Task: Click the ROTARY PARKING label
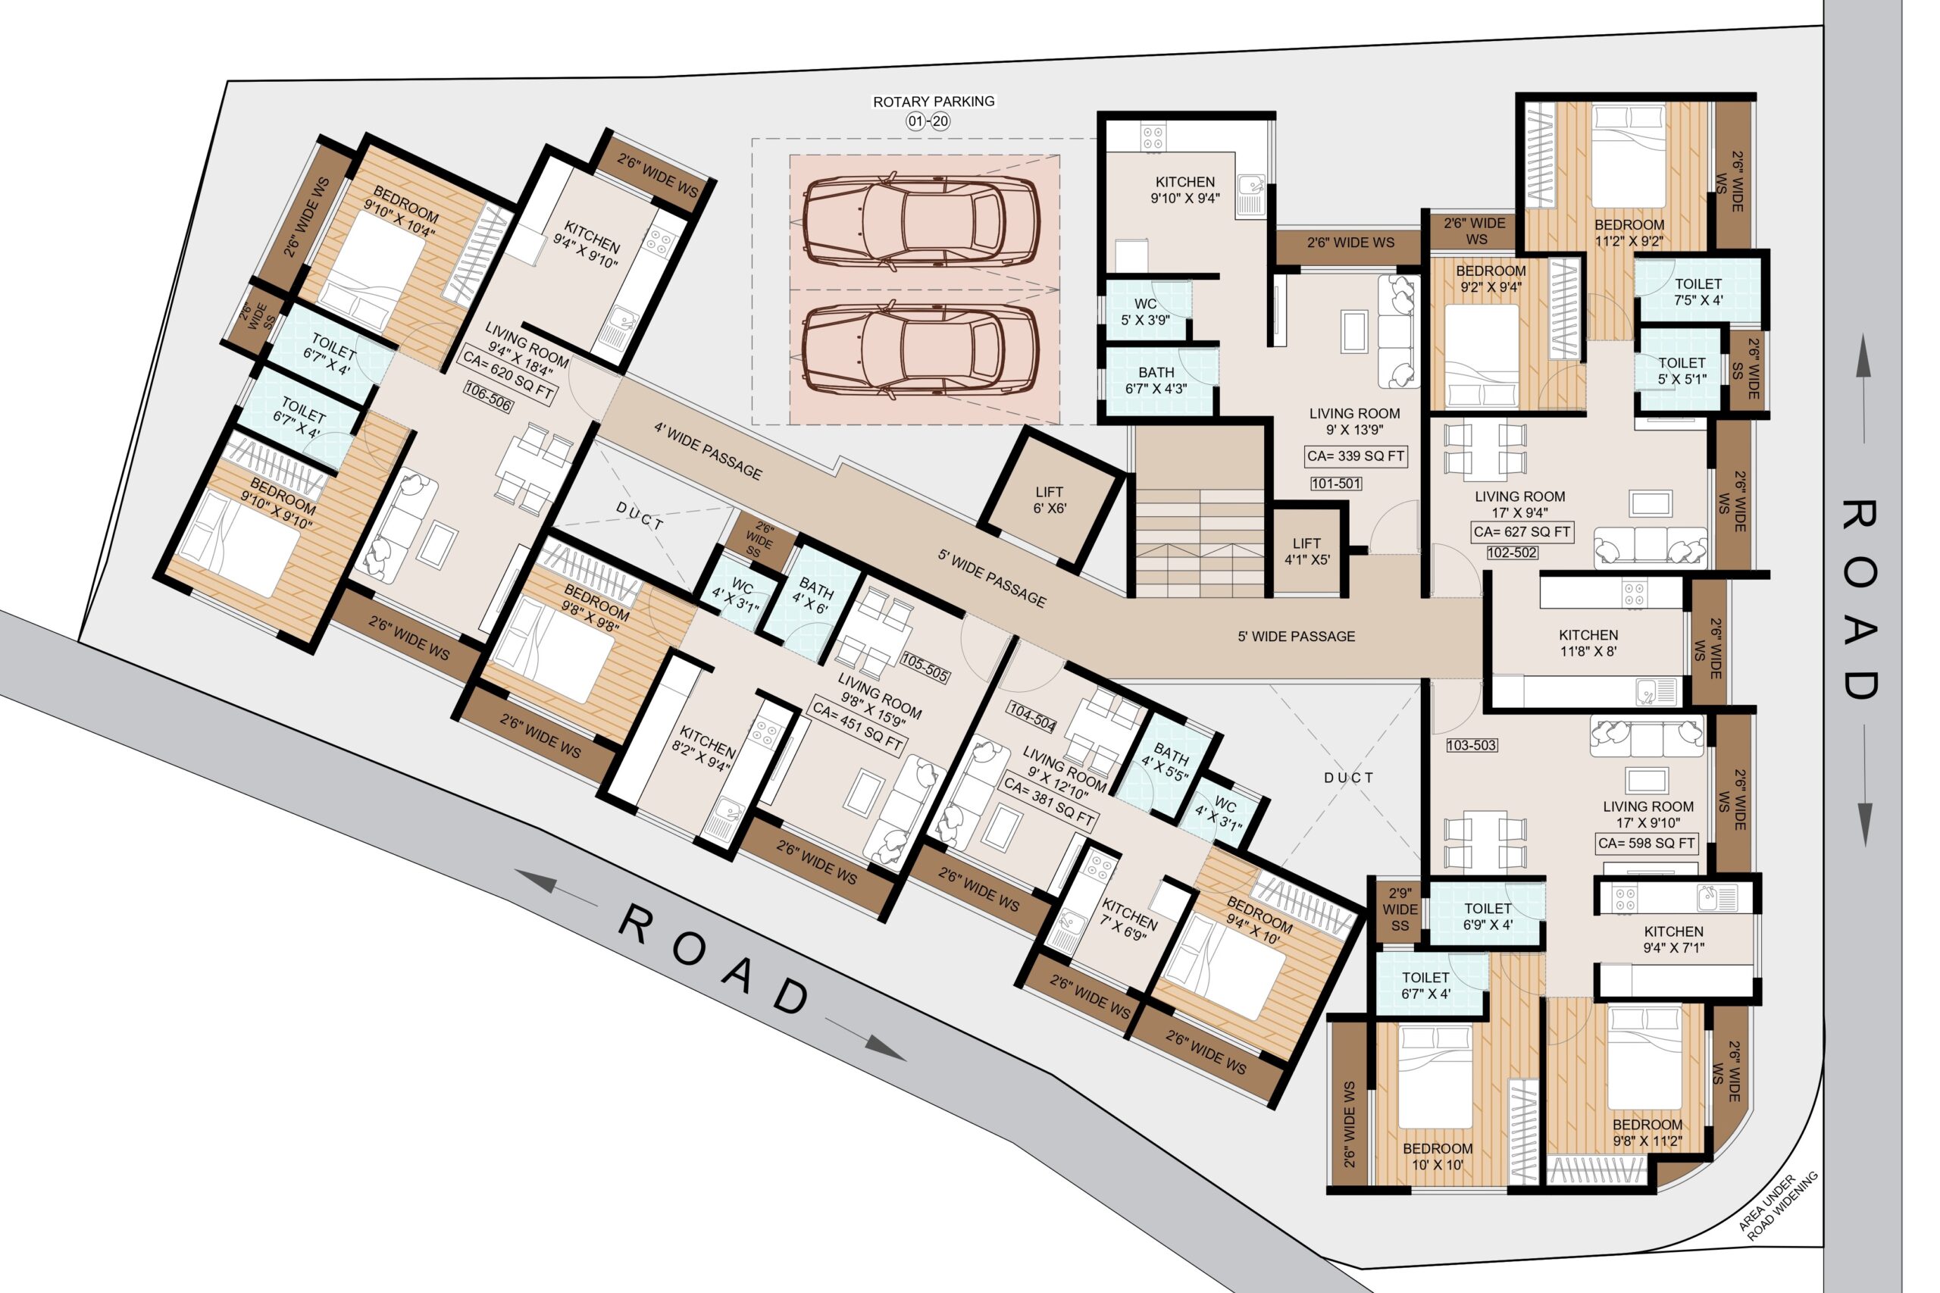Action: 934,102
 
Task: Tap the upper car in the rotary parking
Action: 921,221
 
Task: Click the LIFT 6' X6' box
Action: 1050,499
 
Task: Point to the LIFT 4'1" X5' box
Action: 1309,551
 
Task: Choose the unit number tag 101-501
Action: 1336,484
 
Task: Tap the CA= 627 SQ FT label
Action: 1521,532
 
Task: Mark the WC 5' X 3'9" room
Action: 1147,310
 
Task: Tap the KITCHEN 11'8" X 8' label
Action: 1588,643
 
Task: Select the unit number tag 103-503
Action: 1472,744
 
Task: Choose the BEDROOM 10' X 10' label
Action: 1437,1156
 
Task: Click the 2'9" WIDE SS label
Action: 1400,909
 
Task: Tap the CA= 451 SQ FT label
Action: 857,725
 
